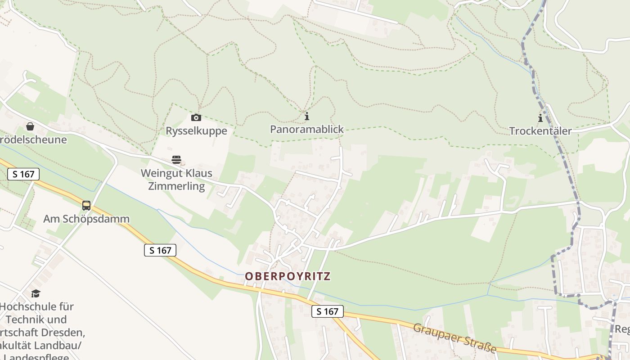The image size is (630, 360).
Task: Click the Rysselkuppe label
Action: (196, 131)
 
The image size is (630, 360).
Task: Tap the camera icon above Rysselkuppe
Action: (196, 117)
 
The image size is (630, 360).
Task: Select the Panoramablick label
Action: (306, 129)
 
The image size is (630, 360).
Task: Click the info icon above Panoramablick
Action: (307, 116)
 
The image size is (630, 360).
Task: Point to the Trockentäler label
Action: (540, 131)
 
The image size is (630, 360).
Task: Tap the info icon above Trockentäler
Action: (540, 118)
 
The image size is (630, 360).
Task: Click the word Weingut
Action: (159, 173)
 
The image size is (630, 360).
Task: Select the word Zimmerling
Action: (176, 186)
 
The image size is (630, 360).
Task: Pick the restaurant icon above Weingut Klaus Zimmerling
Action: (176, 160)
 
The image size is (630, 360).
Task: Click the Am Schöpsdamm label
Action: (86, 219)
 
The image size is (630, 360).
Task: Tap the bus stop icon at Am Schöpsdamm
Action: (86, 206)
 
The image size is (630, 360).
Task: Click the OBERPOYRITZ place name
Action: (288, 276)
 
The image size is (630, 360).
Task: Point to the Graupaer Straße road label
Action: (454, 337)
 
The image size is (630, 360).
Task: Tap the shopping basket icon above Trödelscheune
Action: (30, 126)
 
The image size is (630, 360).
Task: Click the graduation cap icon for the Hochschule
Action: (36, 294)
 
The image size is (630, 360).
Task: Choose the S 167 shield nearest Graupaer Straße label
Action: (327, 311)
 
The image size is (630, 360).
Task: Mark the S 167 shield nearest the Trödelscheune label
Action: (23, 174)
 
